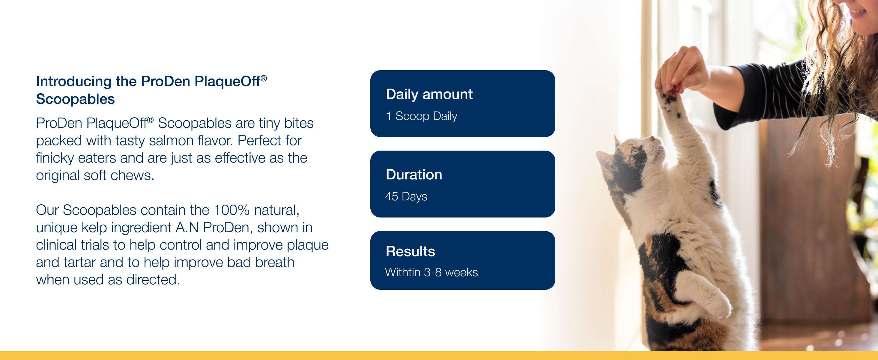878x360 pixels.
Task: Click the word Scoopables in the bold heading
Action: [75, 99]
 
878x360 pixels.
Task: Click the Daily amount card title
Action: [429, 94]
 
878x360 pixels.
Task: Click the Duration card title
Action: [414, 175]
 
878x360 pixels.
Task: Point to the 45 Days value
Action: [406, 196]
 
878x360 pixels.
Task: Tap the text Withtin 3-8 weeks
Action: [432, 272]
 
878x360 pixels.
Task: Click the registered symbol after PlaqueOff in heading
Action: [264, 78]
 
